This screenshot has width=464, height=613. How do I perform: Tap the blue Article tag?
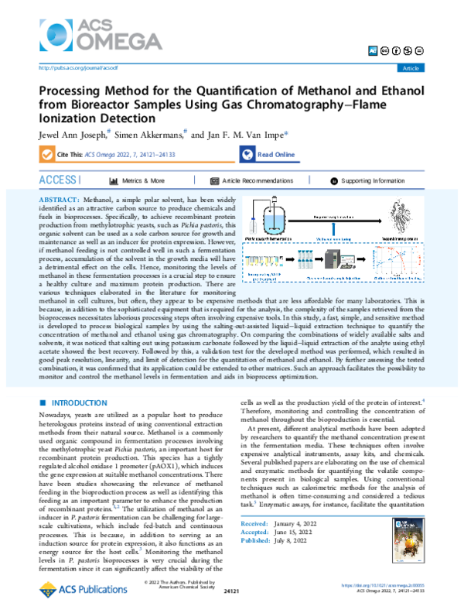pyautogui.click(x=408, y=68)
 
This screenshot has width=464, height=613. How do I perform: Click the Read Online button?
pyautogui.click(x=268, y=154)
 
